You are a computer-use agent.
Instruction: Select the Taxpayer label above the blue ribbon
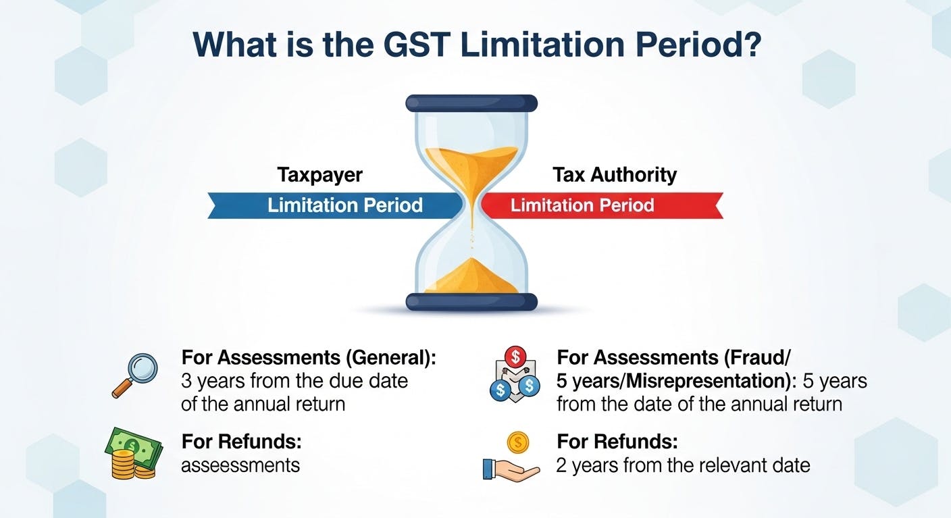(x=319, y=175)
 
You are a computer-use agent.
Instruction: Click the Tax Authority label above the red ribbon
(x=615, y=175)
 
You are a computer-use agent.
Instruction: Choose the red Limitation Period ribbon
(x=594, y=205)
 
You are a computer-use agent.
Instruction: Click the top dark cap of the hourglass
(x=471, y=103)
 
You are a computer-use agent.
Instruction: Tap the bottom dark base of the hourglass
(x=471, y=301)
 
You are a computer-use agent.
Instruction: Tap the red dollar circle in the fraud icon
(x=516, y=355)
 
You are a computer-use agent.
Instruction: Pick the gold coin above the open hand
(x=517, y=443)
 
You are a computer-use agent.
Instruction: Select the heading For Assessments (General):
(x=309, y=358)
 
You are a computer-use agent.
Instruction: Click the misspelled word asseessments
(x=240, y=465)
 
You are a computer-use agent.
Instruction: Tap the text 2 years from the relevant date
(x=683, y=465)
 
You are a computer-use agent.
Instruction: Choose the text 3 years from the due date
(x=294, y=381)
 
